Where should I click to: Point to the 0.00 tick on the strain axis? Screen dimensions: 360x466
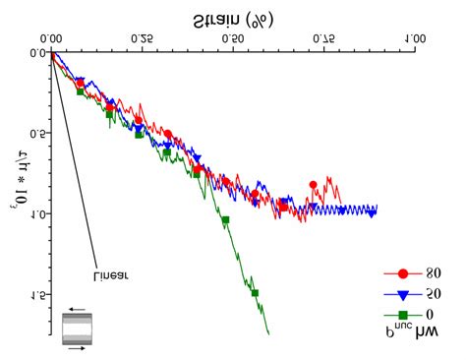tap(52, 38)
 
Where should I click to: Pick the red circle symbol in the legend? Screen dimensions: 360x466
tap(401, 274)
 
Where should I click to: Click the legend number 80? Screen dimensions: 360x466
tap(434, 274)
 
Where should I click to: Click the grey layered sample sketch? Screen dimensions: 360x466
tap(75, 328)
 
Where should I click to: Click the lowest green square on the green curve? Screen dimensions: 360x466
tap(255, 292)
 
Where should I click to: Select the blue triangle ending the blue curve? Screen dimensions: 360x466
tap(372, 213)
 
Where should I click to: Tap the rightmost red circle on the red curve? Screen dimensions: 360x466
tap(313, 185)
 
